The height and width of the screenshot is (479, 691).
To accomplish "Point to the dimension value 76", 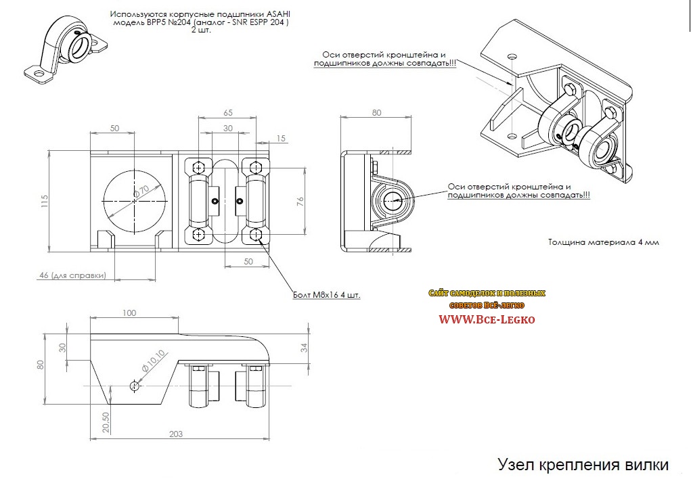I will click(x=300, y=200).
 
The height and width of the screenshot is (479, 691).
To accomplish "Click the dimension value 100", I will click(x=130, y=313).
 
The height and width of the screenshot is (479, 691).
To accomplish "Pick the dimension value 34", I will click(x=305, y=348).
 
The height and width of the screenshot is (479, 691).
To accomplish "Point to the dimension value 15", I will click(x=282, y=139).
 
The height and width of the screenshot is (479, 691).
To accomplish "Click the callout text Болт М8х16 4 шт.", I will click(x=326, y=295).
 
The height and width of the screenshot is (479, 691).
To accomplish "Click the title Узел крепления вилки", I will click(x=583, y=465).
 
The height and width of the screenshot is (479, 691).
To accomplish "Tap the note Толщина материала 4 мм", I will click(x=602, y=242).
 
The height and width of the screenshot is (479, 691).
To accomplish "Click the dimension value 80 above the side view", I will click(x=376, y=113).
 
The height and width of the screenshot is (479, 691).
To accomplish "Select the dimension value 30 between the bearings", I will click(x=227, y=129).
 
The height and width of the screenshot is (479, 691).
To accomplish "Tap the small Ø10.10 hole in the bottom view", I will click(x=135, y=386).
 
